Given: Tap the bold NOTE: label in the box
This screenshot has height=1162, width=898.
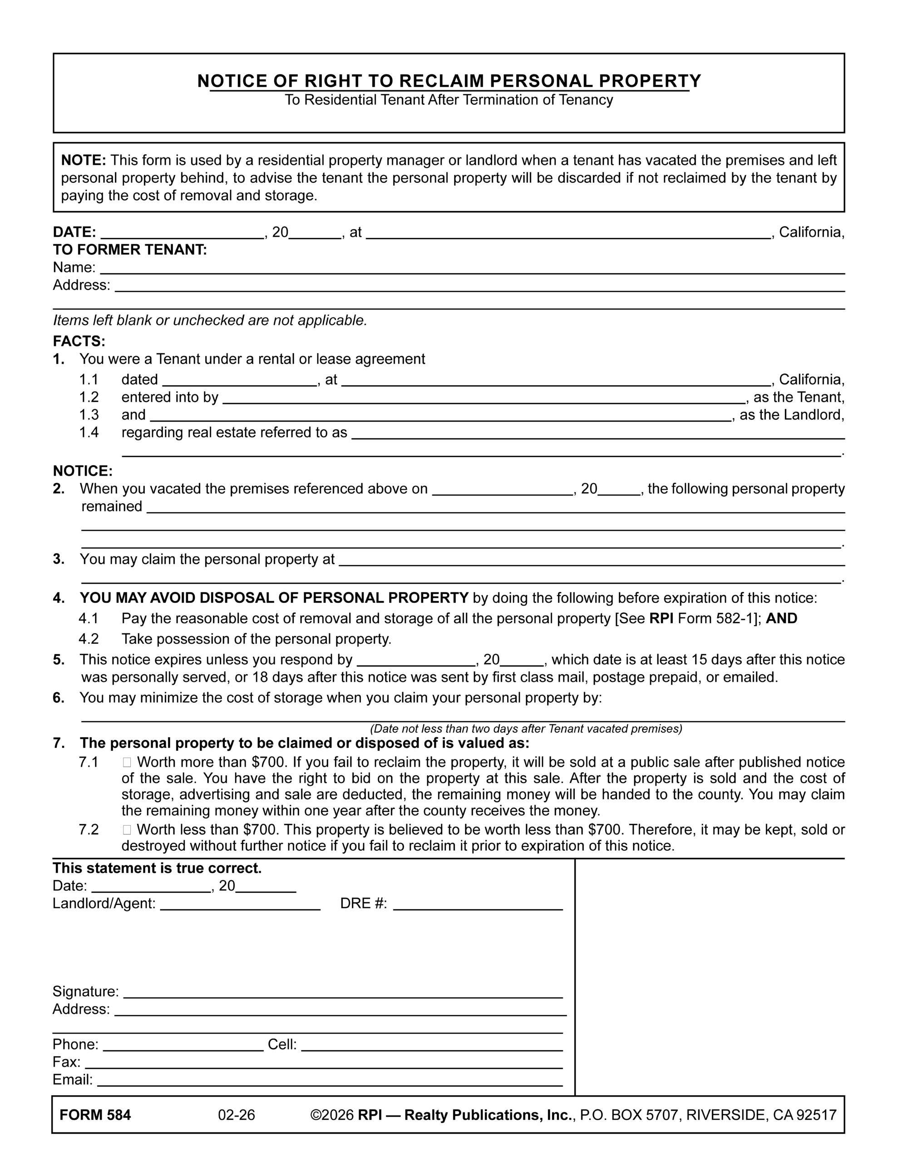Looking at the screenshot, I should point(84,160).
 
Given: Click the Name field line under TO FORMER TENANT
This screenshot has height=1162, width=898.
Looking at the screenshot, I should point(472,269).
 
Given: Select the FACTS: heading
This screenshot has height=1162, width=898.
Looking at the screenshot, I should point(79,340).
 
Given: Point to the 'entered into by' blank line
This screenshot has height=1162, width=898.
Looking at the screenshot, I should point(484,399).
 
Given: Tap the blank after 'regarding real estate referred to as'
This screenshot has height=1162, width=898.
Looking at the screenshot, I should point(598,434).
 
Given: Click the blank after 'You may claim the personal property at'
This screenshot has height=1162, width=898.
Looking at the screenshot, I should point(592,561).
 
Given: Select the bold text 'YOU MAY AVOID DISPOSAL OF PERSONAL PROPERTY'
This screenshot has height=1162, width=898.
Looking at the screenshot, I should point(274,598).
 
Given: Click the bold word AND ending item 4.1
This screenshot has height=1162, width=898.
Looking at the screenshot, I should point(781,618).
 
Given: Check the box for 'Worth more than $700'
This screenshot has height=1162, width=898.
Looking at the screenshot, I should point(127,763).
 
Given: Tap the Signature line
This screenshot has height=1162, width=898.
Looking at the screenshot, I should point(343,993).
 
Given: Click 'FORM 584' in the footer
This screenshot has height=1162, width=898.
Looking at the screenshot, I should point(95,1115).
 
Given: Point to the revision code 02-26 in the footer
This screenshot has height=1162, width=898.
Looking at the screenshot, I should point(237,1115).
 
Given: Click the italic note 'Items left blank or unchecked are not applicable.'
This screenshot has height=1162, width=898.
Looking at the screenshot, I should point(210,320).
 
